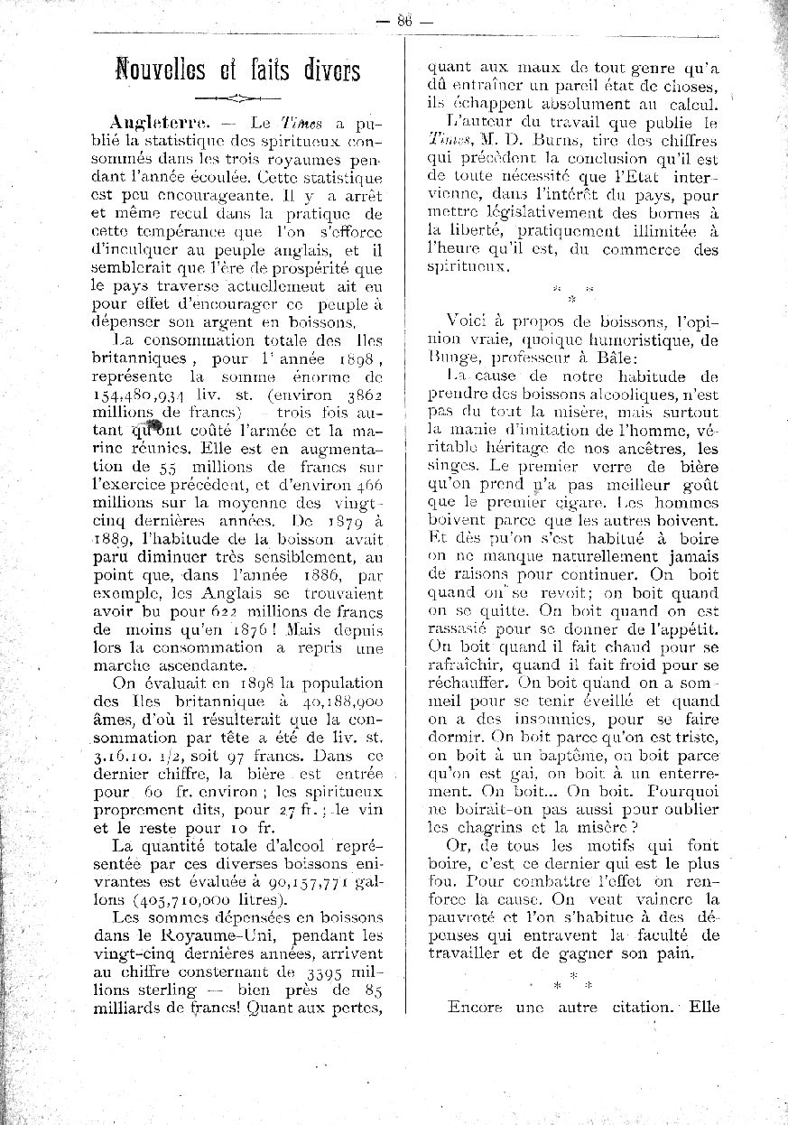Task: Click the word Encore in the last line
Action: point(475,1007)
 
